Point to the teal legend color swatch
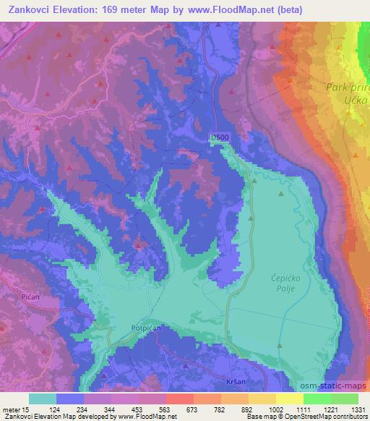tap(43, 399)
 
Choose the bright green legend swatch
tap(317, 399)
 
